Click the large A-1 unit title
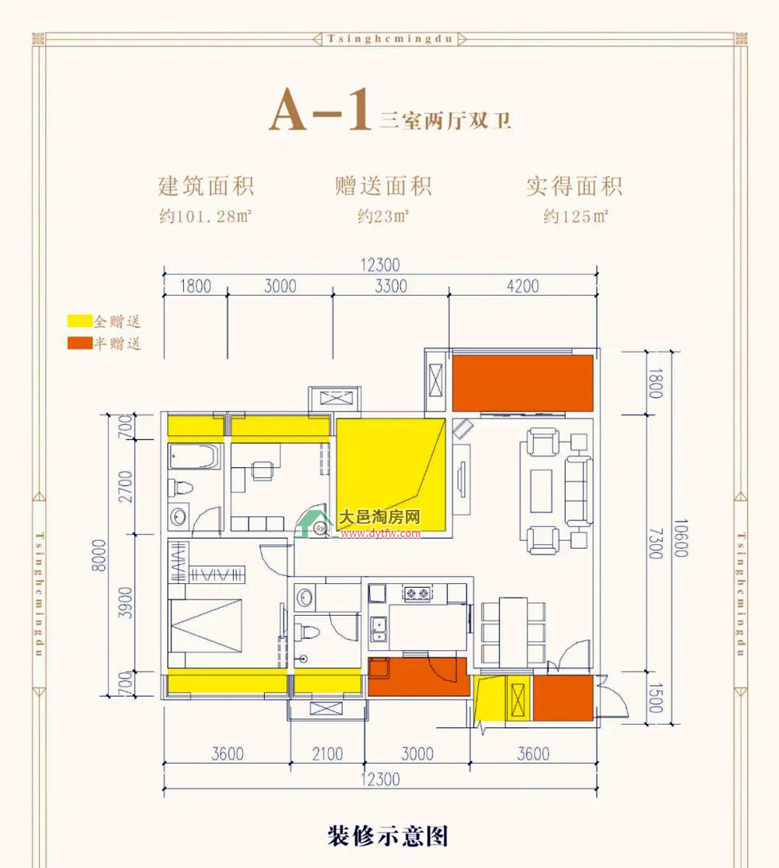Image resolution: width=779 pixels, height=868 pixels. pyautogui.click(x=319, y=111)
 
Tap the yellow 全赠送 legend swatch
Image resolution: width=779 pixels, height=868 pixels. pyautogui.click(x=79, y=321)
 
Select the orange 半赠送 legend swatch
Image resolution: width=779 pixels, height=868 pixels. pyautogui.click(x=79, y=343)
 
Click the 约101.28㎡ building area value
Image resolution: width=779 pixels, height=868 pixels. pyautogui.click(x=206, y=216)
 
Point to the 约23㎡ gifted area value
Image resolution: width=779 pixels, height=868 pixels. pyautogui.click(x=383, y=216)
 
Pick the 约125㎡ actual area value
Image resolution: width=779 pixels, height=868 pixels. pyautogui.click(x=576, y=216)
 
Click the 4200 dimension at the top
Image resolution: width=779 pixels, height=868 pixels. pyautogui.click(x=523, y=286)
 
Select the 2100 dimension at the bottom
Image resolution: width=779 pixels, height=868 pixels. pyautogui.click(x=327, y=754)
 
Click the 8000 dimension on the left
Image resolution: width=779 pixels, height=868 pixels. pyautogui.click(x=99, y=555)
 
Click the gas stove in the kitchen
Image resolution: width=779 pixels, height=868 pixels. pyautogui.click(x=418, y=594)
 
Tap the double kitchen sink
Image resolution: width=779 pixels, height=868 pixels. pyautogui.click(x=379, y=628)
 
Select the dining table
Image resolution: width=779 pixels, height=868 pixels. pyautogui.click(x=513, y=631)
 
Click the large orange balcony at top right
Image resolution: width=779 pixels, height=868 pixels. pyautogui.click(x=523, y=383)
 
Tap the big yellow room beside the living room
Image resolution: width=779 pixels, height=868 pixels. pyautogui.click(x=390, y=474)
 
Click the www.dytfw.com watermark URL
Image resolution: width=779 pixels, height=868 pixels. pyautogui.click(x=381, y=533)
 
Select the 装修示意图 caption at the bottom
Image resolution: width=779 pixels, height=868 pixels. pyautogui.click(x=387, y=836)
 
